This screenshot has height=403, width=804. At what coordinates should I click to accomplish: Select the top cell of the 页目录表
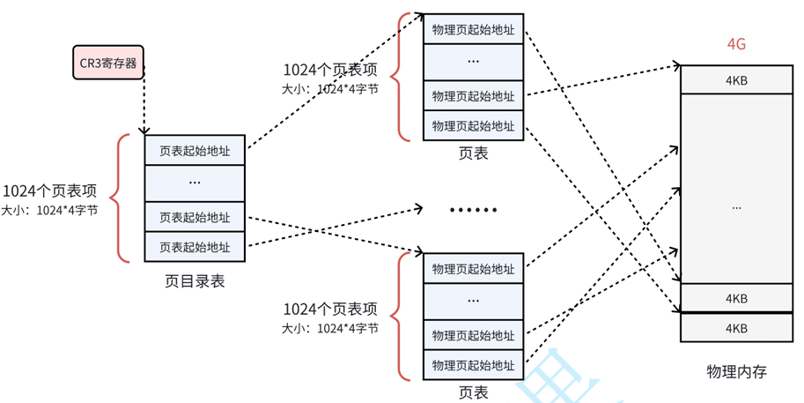(x=195, y=151)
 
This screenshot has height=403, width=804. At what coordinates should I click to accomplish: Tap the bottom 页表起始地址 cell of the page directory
(x=195, y=247)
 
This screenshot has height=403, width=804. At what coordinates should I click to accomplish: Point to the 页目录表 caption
(x=195, y=282)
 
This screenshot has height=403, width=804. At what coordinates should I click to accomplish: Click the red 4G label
(x=736, y=44)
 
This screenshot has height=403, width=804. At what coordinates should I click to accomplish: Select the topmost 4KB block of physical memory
(x=736, y=81)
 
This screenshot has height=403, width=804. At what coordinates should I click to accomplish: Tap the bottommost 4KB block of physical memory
(x=736, y=328)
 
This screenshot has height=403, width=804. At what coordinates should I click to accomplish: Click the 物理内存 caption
(x=736, y=371)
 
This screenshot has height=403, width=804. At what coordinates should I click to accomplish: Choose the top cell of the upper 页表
(x=473, y=29)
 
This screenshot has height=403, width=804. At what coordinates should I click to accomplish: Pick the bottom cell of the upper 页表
(x=473, y=125)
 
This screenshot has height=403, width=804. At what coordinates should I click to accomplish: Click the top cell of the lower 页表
(x=473, y=269)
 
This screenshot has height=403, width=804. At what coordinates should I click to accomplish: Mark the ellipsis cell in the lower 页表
(x=473, y=302)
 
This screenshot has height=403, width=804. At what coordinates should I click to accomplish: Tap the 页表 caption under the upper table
(x=473, y=153)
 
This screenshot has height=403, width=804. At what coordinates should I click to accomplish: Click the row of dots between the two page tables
(x=473, y=210)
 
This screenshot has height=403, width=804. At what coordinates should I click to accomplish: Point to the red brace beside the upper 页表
(x=403, y=77)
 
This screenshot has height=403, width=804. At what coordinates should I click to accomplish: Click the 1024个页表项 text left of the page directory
(x=49, y=191)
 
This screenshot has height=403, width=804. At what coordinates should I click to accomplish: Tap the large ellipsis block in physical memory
(x=736, y=206)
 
